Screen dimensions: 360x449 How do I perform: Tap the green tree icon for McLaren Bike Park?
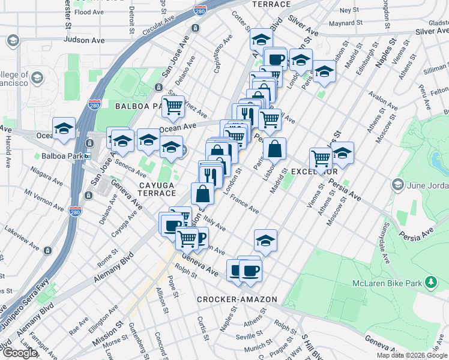click(430, 281)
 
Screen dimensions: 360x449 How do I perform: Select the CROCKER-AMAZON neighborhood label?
click(237, 299)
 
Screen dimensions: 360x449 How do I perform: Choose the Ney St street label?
click(348, 10)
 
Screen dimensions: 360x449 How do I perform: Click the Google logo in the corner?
click(19, 352)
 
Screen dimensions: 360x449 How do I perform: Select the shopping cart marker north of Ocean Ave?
click(173, 107)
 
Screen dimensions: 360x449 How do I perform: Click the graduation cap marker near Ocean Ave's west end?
click(64, 128)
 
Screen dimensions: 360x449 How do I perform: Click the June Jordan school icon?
click(397, 184)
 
